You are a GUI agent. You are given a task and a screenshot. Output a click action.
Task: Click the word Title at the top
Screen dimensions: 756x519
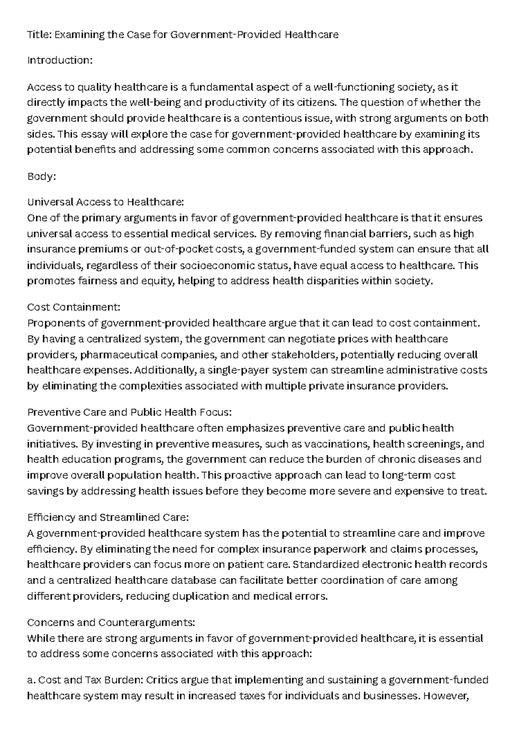click(x=39, y=35)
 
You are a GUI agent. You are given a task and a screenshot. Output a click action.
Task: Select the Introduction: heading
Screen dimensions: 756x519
click(x=60, y=60)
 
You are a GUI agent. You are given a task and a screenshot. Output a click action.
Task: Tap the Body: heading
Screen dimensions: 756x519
click(x=42, y=176)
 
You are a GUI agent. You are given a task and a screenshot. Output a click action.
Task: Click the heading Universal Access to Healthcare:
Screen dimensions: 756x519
click(x=106, y=202)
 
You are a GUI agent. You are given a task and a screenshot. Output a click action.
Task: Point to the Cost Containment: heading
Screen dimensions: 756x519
click(x=74, y=307)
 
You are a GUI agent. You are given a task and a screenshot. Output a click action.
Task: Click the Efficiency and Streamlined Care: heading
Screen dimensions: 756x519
click(x=108, y=517)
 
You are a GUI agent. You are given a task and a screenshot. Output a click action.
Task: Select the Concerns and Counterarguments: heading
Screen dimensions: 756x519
click(x=111, y=622)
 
